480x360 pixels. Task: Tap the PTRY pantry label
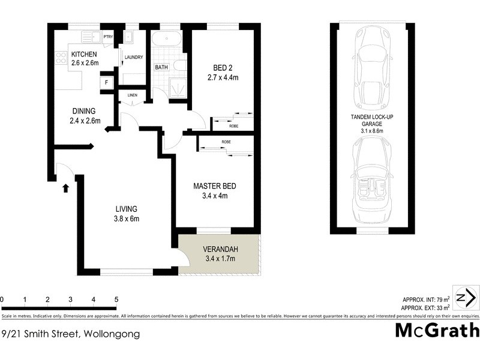click(108, 37)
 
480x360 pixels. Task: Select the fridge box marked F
click(107, 82)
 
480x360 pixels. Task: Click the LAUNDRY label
click(134, 58)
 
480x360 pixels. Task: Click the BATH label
click(161, 68)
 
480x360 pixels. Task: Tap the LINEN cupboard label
click(131, 95)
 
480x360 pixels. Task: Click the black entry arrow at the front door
click(65, 188)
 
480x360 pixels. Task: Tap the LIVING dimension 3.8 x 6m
click(127, 218)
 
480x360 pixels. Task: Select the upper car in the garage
click(373, 66)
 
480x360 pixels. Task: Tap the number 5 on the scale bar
click(116, 299)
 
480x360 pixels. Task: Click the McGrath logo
click(437, 331)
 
